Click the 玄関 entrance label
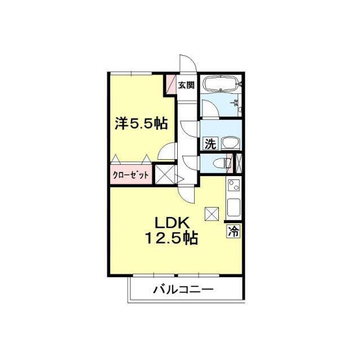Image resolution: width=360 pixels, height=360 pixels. [186, 85]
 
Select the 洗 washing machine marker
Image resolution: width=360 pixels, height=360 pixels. [210, 144]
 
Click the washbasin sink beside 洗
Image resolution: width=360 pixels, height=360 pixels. [231, 144]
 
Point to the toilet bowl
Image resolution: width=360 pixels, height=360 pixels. [222, 163]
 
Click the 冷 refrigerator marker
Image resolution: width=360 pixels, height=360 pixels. [233, 231]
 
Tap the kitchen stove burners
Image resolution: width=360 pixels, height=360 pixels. [234, 185]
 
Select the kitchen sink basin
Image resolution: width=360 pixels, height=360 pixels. [233, 208]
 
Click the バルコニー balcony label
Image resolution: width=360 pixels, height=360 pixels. [183, 290]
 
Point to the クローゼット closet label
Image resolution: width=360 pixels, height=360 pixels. [130, 175]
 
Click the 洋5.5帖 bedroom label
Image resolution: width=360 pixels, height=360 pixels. [141, 124]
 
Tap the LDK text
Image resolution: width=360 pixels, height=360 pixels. [172, 223]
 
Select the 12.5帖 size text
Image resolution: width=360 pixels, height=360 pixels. [171, 238]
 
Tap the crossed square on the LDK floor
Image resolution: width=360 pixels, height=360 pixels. [211, 214]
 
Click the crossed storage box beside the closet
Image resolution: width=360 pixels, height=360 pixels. [165, 174]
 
